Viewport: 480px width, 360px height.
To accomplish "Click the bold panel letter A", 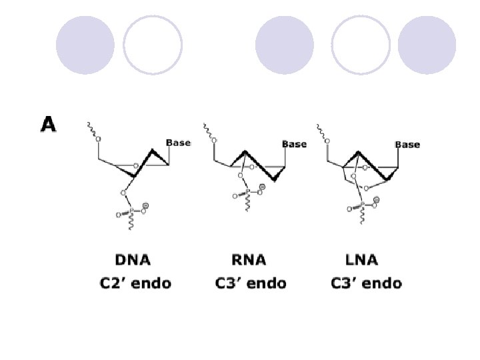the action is pos(49,125).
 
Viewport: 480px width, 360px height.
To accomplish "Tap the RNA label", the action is pos(250,260).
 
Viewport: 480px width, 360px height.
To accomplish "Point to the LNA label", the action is pos(363,260).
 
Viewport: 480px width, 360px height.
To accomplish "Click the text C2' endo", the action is pos(135,283).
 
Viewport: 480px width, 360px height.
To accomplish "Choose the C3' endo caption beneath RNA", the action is pos(251,283).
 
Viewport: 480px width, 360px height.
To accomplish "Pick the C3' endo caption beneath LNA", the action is pos(366,283).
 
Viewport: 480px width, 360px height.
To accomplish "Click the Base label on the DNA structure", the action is pos(178,143).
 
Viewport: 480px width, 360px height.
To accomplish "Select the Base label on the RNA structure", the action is pos(294,144).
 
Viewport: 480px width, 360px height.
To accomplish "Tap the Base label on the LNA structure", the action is pos(407,145).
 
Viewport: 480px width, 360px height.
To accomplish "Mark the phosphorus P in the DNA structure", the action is pos(131,211).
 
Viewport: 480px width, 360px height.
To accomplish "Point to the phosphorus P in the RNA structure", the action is pos(247,193).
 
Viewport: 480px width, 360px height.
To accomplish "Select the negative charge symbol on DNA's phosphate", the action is pos(145,206).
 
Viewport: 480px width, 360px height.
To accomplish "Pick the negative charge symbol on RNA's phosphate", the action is pos(262,188).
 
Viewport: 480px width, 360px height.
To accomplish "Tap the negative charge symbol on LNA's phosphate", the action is pos(377,200).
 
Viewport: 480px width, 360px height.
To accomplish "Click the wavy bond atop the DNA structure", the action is pos(91,129).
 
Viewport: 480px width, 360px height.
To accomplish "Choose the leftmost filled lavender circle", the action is pos(85,45).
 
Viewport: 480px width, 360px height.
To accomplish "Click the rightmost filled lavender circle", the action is pos(427,45).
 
